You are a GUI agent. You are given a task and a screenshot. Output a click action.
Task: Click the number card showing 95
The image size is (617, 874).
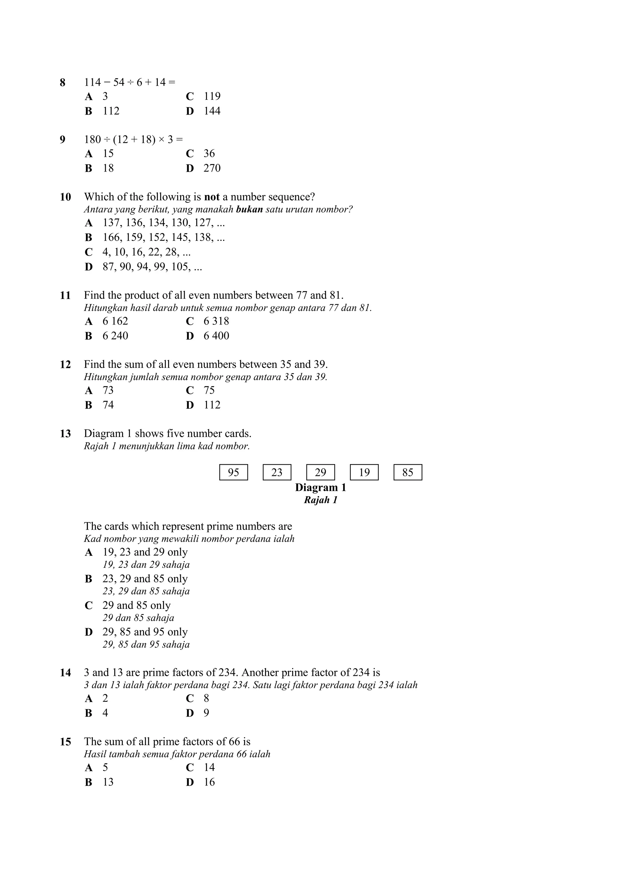tap(233, 472)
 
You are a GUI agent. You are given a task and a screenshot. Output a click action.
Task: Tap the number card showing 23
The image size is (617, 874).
tap(277, 472)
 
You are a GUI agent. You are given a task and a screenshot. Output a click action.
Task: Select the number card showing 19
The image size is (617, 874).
tap(364, 472)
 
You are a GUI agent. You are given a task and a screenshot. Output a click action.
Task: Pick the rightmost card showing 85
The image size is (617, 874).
tap(408, 472)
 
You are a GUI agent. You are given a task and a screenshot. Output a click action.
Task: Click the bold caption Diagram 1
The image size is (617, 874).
tap(321, 488)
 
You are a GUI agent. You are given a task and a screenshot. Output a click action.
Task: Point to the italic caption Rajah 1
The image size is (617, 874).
tap(321, 500)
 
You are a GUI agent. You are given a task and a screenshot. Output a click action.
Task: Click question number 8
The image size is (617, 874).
tap(63, 83)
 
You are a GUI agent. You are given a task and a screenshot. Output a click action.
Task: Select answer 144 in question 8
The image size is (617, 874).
tap(212, 111)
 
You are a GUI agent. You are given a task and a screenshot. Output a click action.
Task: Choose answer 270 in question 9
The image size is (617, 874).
tap(212, 168)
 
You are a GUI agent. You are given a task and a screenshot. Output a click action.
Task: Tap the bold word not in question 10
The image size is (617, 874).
tap(212, 197)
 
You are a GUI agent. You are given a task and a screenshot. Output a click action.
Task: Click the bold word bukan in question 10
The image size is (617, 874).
tap(249, 209)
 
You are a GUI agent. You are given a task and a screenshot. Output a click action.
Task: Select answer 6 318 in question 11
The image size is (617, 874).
tap(216, 321)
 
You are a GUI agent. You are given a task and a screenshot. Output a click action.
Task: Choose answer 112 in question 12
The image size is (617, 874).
tap(212, 405)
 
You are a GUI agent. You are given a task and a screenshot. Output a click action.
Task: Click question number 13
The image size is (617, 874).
tap(65, 434)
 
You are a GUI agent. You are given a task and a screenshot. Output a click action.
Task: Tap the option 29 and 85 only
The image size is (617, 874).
tap(136, 605)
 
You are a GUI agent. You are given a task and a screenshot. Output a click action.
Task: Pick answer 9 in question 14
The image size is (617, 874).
tap(206, 713)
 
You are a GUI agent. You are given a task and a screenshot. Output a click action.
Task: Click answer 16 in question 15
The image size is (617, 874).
tap(209, 782)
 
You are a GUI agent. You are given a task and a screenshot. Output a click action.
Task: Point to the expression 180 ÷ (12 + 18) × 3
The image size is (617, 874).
tap(133, 140)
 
